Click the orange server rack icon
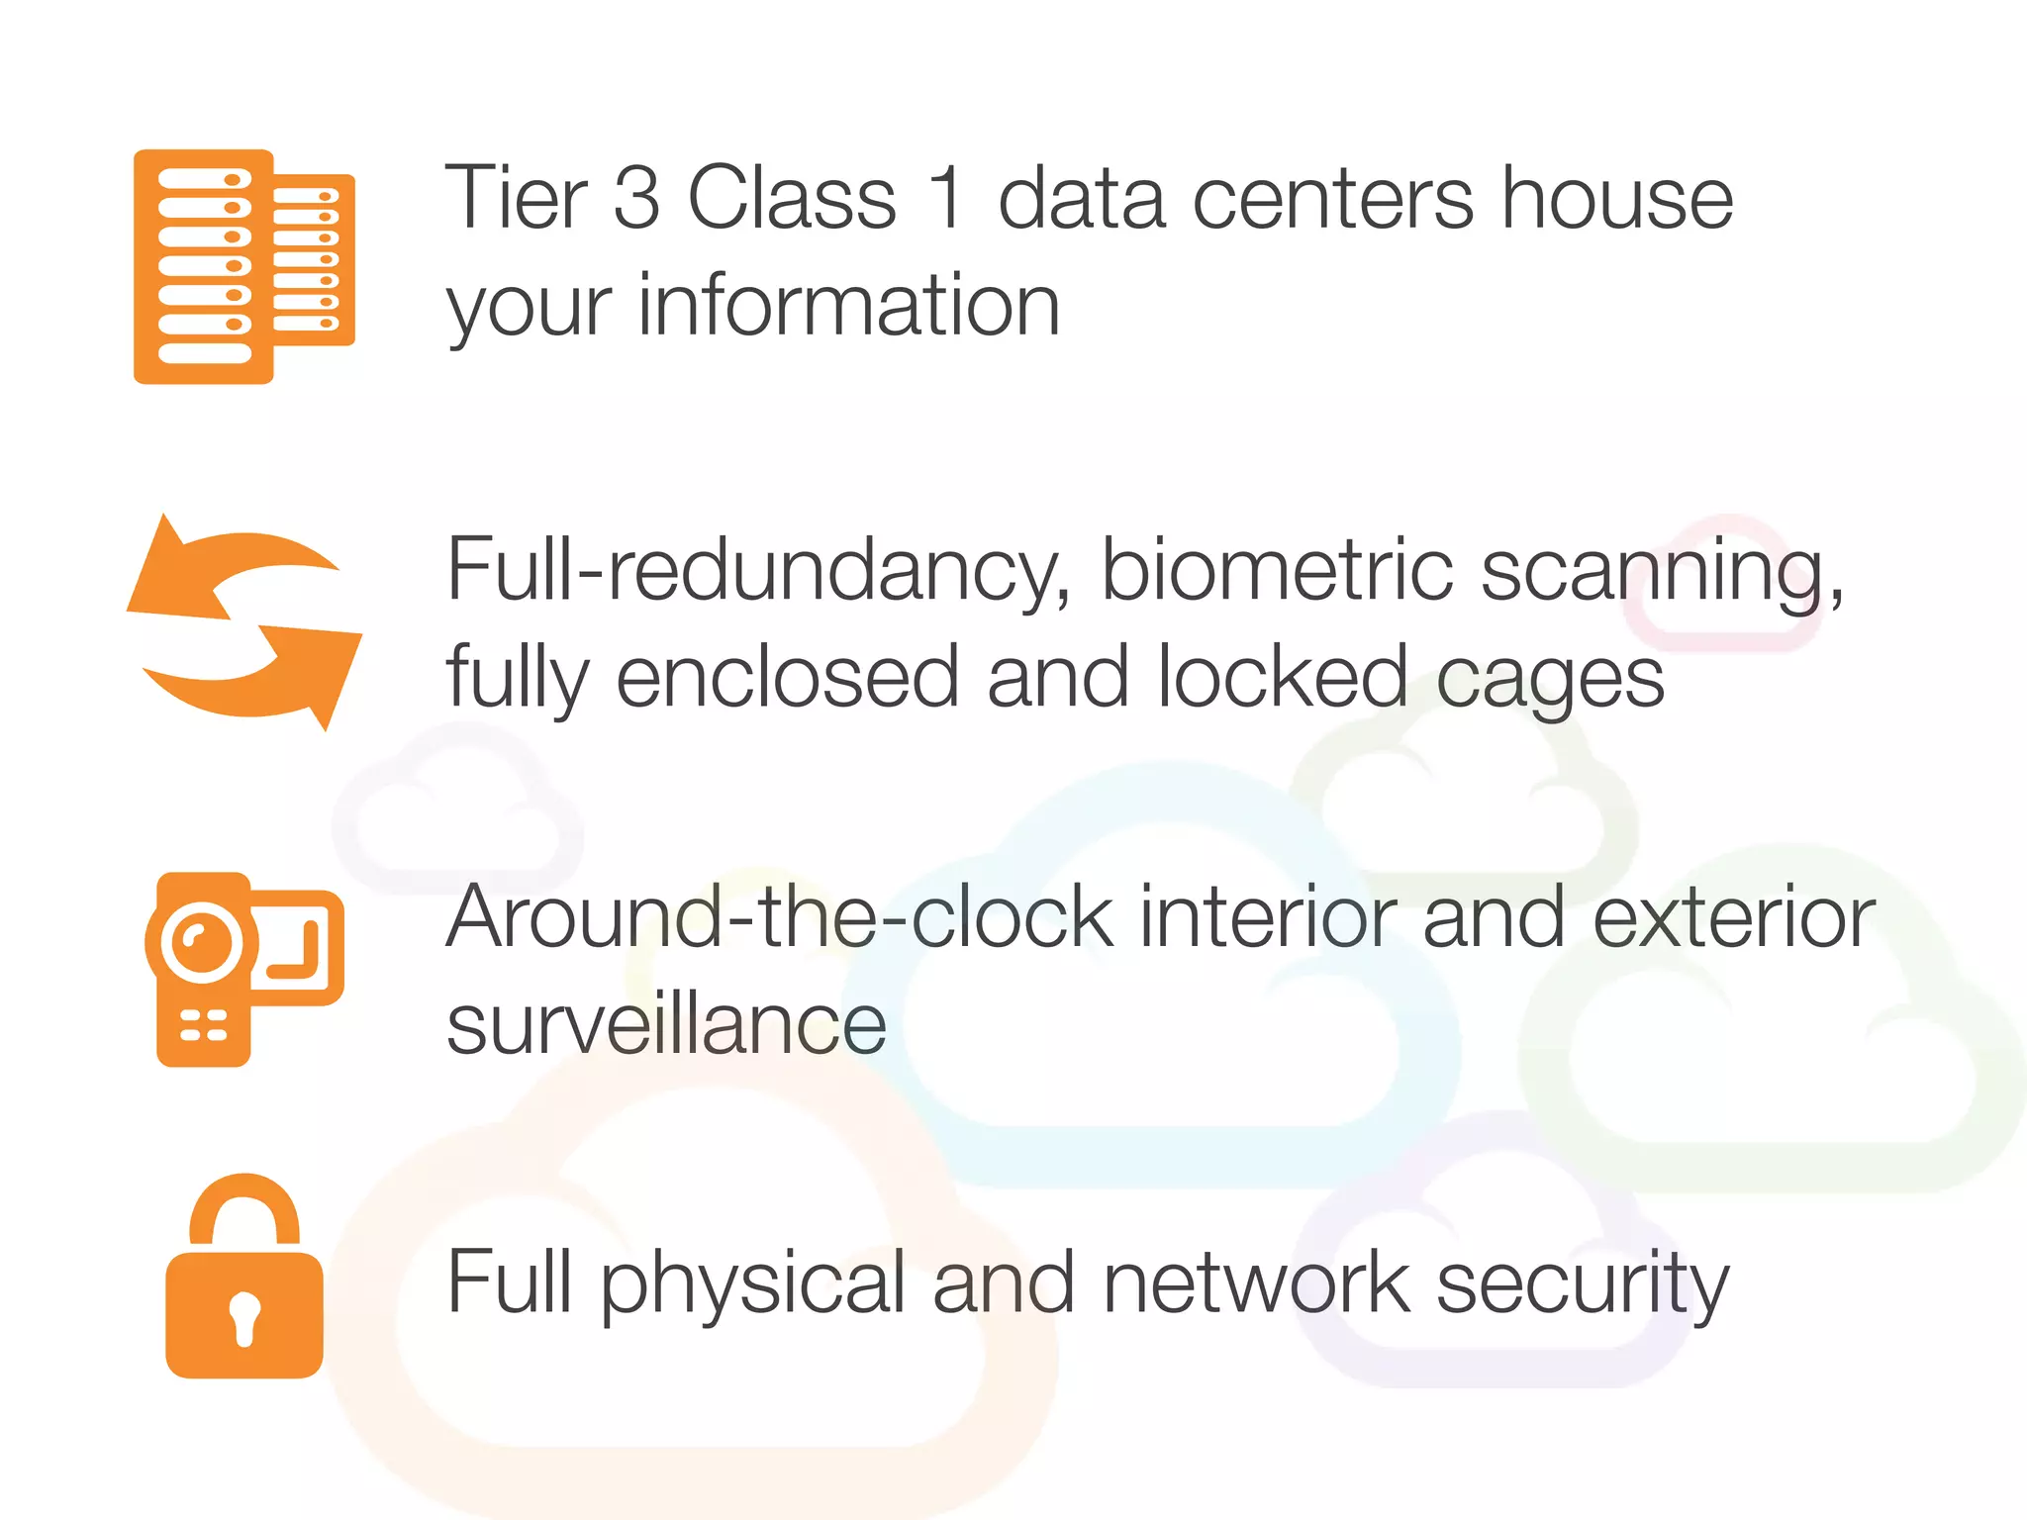pos(243,266)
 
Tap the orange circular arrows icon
pos(244,622)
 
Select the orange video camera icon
pos(244,969)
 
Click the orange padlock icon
pos(244,1277)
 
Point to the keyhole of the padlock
pos(244,1317)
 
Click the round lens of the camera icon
pos(201,941)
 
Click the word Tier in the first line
pos(516,198)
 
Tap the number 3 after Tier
pos(636,198)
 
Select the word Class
pos(792,198)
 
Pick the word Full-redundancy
pos(758,572)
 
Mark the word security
pos(1582,1283)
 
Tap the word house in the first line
pos(1617,198)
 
